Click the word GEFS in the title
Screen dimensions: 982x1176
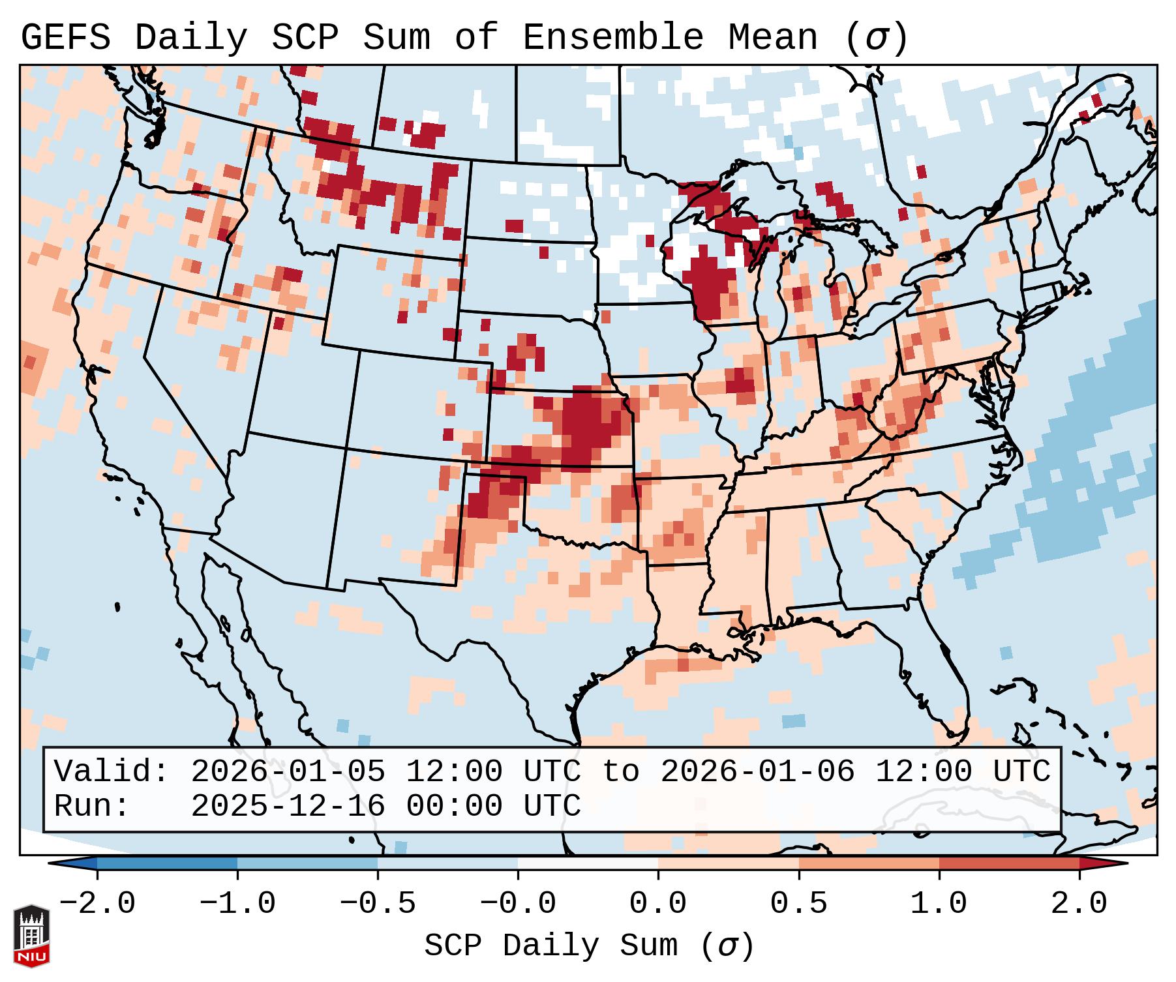(x=65, y=38)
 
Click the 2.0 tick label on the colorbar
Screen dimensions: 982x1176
(x=1079, y=904)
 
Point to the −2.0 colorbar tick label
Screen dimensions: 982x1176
(x=97, y=904)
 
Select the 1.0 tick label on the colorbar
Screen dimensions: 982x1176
(x=939, y=904)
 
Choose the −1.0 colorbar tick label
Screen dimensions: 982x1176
(x=237, y=904)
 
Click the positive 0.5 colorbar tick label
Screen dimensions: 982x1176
(x=798, y=904)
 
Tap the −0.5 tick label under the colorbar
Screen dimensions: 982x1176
(x=377, y=904)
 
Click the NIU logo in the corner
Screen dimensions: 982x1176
(x=31, y=936)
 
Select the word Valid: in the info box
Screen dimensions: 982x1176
(x=111, y=772)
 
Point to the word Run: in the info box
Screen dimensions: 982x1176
(x=91, y=806)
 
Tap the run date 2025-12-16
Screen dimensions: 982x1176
(x=288, y=806)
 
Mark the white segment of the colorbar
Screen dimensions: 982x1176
(x=588, y=863)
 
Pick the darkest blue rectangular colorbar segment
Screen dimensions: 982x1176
(x=167, y=863)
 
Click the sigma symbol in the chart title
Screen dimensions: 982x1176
(x=876, y=38)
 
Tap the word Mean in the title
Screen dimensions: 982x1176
(x=772, y=38)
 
